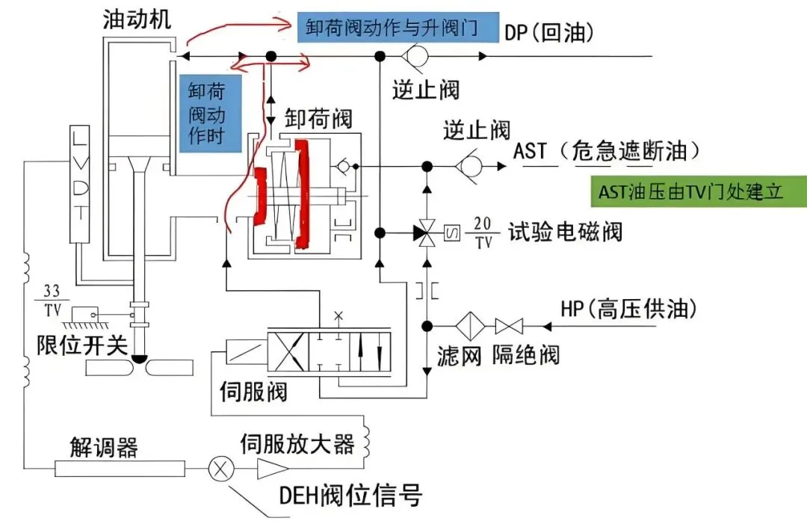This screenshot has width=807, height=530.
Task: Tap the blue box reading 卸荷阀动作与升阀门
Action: [398, 28]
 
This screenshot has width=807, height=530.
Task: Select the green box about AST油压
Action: [699, 191]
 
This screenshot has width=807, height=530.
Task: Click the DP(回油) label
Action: [549, 33]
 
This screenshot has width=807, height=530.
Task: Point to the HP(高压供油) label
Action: [629, 309]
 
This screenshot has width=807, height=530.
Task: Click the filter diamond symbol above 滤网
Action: [469, 326]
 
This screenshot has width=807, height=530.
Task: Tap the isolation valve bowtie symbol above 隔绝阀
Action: [509, 326]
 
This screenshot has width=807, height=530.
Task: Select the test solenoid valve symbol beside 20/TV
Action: [427, 233]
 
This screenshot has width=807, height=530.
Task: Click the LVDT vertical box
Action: [79, 184]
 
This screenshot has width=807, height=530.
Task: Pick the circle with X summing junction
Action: [221, 469]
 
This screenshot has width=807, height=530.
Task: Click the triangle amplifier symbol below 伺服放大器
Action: [272, 469]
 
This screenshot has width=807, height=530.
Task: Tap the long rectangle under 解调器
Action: [120, 469]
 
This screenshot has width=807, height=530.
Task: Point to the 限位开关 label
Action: [82, 345]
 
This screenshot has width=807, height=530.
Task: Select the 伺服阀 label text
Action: [253, 392]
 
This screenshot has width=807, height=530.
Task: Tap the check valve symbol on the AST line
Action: [469, 167]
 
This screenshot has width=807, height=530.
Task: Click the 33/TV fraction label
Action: [52, 301]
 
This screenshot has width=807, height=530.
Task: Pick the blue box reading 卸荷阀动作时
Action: [211, 114]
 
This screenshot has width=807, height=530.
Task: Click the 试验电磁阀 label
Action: [565, 232]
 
